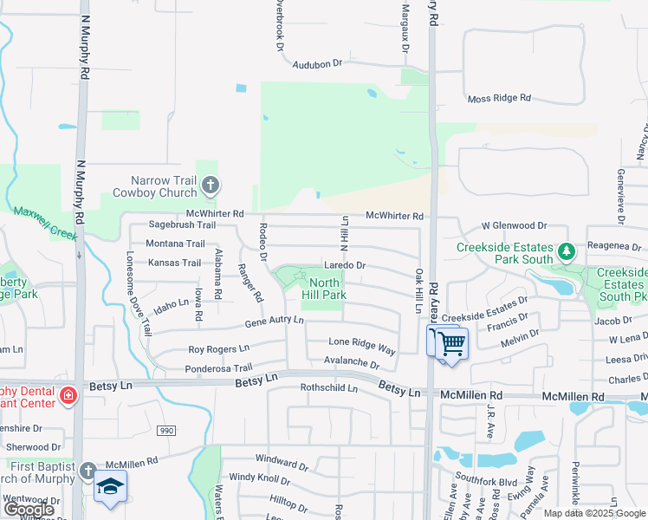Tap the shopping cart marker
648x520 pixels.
449,343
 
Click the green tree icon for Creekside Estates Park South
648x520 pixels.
567,252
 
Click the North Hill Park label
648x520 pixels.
324,289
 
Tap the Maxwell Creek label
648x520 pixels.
47,223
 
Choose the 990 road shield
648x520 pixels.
166,430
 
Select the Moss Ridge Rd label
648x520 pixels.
498,99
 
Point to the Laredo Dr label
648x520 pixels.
345,265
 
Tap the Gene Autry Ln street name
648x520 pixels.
274,321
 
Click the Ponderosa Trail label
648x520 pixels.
218,368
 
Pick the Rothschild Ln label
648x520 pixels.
328,388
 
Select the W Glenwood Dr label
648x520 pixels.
515,225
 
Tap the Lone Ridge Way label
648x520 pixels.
361,345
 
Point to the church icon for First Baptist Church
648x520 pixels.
87,471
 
